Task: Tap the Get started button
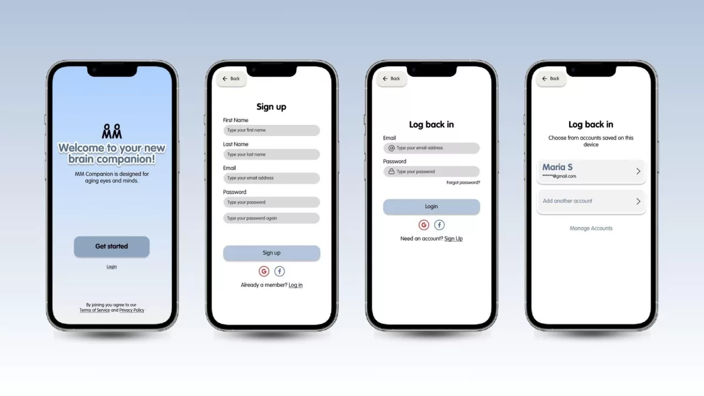coord(111,247)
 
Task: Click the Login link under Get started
coord(111,267)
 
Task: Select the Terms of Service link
coord(94,310)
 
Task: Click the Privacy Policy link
coord(131,310)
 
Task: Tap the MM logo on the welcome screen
coord(111,131)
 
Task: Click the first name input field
coord(272,130)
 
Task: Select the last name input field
coord(272,154)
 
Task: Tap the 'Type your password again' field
coord(272,218)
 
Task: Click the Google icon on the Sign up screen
coord(264,271)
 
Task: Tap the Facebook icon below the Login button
coord(439,225)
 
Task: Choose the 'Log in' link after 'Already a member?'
coord(296,285)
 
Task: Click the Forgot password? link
coord(463,182)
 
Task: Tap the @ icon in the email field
coord(391,148)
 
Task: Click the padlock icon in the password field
coord(391,171)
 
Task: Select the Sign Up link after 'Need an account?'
coord(453,239)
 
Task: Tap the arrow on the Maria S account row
coord(638,171)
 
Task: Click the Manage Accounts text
coord(591,228)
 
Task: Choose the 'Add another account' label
coord(567,201)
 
